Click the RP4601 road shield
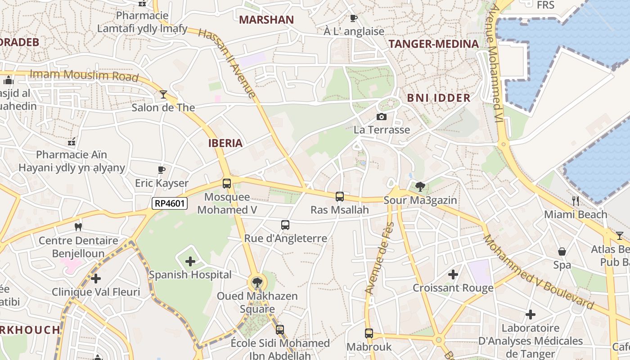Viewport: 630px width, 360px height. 169,203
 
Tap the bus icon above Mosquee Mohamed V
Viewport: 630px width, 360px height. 227,184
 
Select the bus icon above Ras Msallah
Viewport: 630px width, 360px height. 340,197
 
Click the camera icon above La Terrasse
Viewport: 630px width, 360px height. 382,117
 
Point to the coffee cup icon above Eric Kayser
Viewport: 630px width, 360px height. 162,170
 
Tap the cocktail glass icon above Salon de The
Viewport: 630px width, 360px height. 163,94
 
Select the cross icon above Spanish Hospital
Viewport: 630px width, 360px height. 190,261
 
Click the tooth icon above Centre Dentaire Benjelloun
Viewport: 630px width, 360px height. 78,227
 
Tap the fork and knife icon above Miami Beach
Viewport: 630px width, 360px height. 576,201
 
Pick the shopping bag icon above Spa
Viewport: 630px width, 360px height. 562,252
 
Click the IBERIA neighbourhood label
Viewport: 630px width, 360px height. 225,143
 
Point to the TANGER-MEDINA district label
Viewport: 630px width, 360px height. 433,44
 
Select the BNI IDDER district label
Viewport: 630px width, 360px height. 439,98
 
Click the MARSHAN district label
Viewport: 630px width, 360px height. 266,20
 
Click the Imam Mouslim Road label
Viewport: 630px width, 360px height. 84,76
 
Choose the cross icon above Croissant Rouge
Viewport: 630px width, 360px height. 453,274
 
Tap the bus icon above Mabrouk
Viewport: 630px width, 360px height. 369,333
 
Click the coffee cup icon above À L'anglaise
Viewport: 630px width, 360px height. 354,18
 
